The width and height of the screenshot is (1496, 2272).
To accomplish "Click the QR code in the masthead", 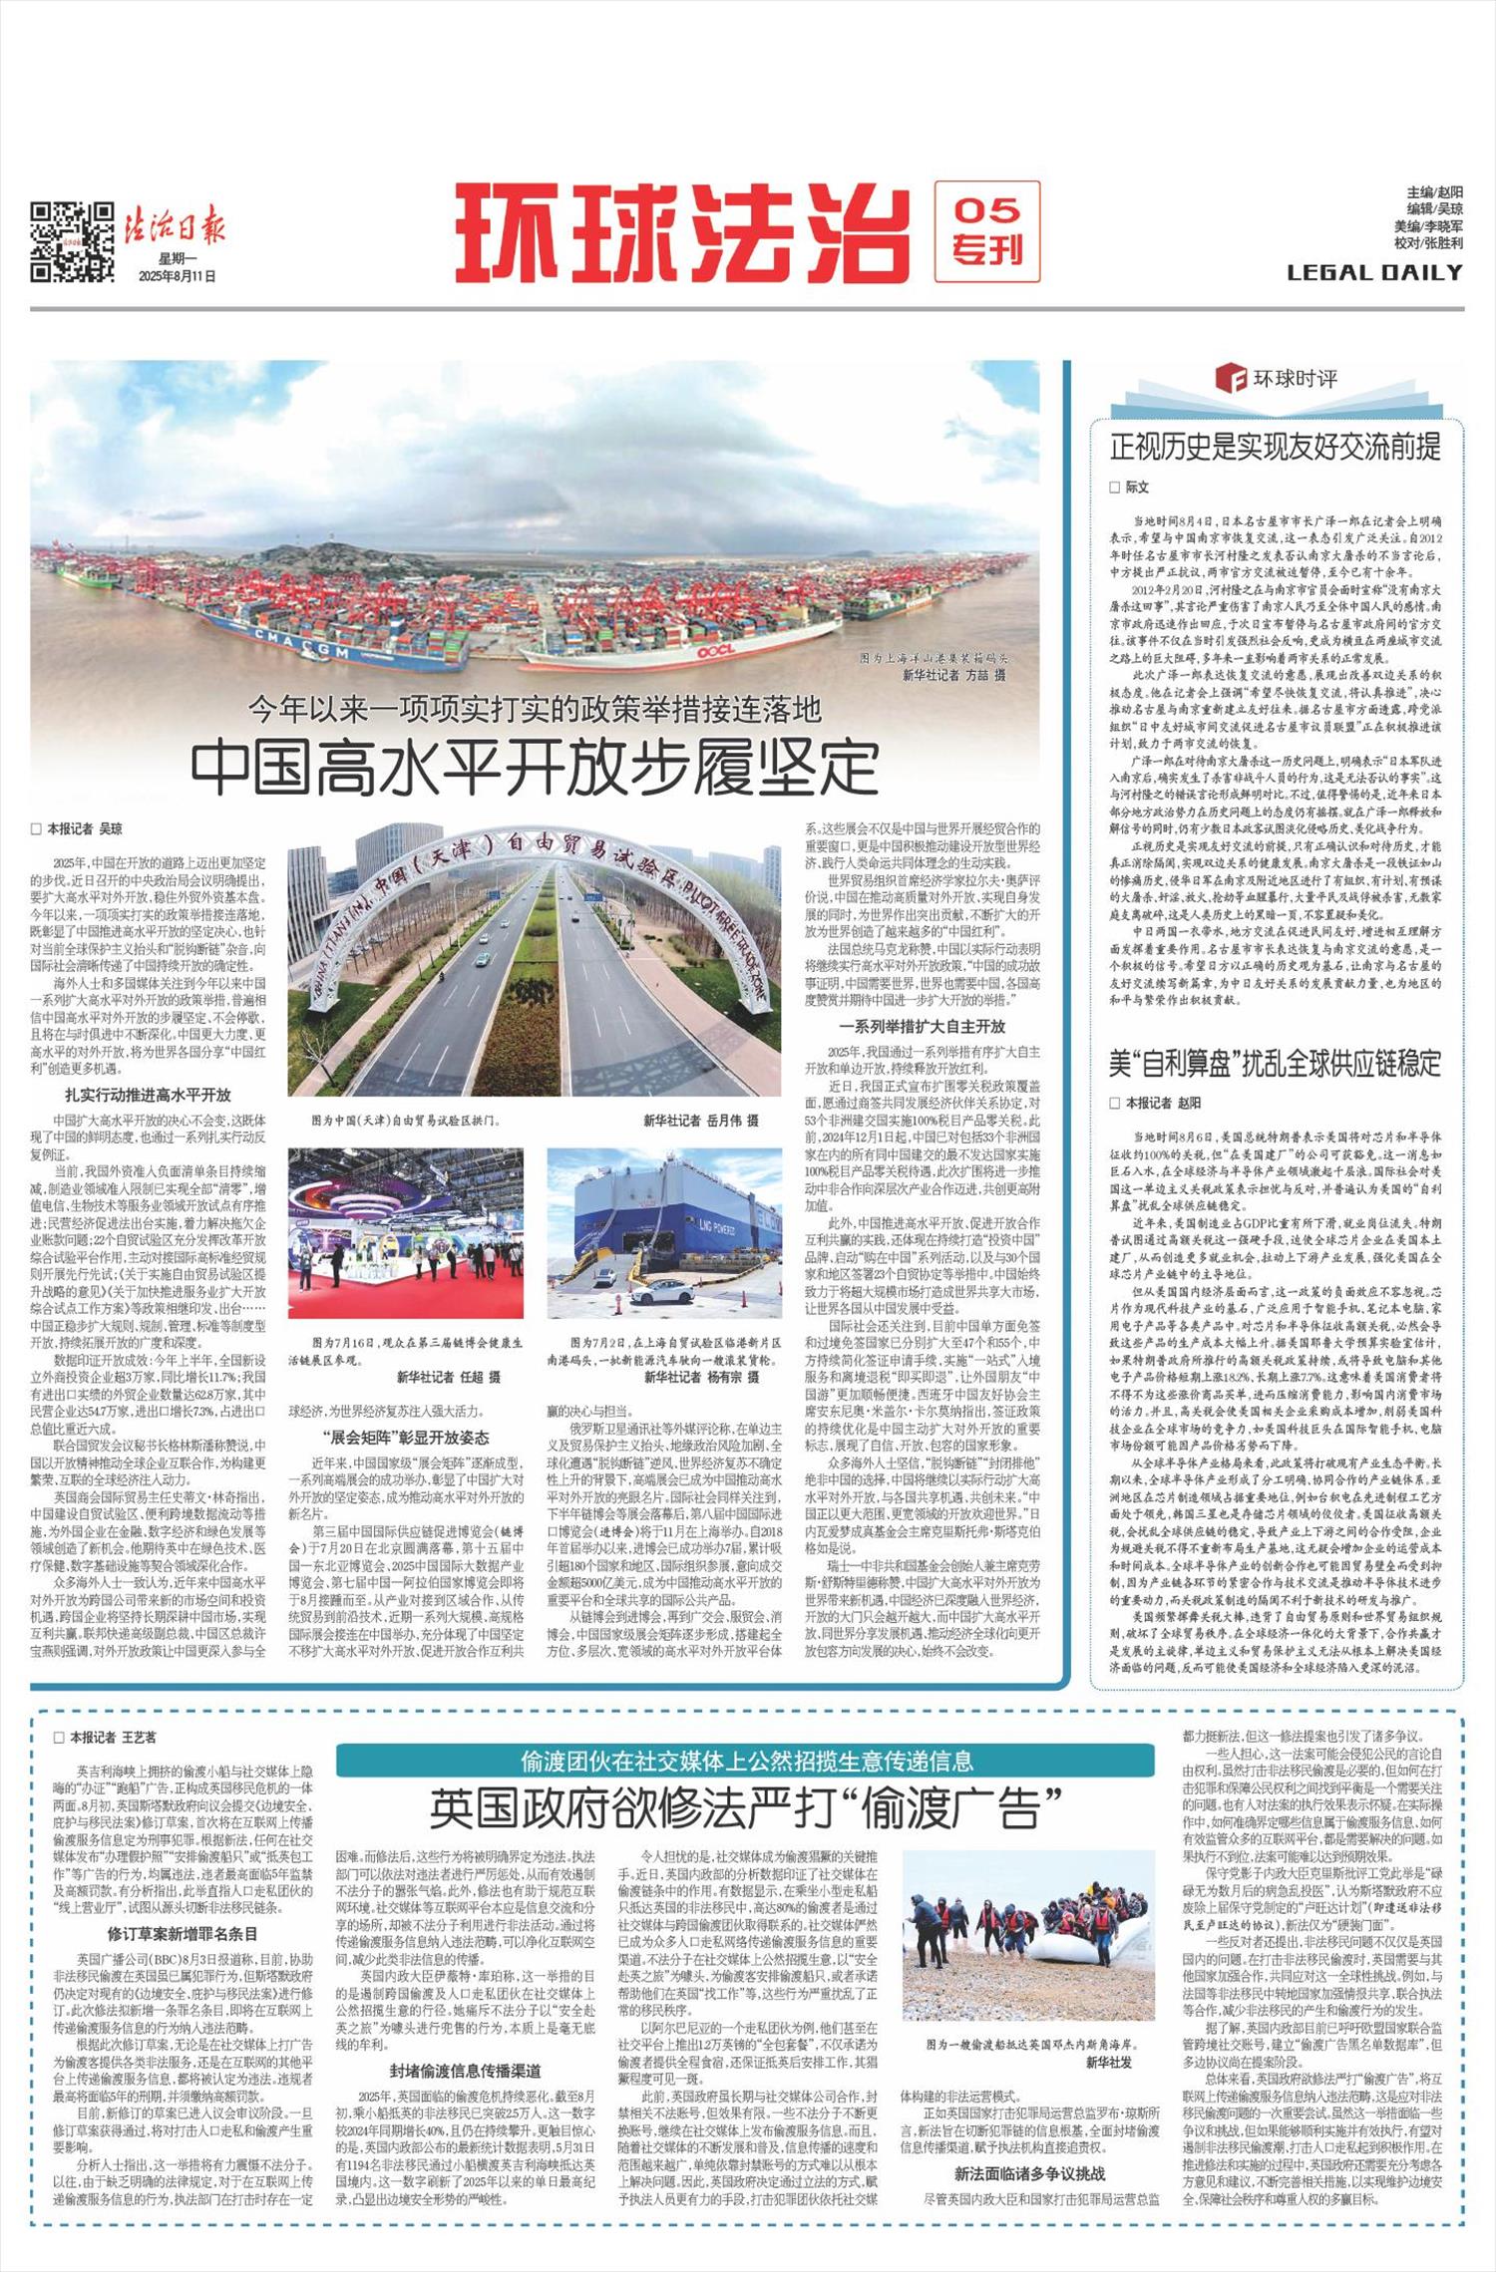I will [71, 242].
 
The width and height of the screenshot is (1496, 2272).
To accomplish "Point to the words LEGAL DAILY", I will [1374, 272].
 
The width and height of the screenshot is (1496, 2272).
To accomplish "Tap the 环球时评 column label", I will [1292, 380].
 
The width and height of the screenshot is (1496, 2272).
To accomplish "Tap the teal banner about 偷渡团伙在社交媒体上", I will [745, 1761].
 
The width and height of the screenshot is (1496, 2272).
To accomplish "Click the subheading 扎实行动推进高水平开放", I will [149, 1095].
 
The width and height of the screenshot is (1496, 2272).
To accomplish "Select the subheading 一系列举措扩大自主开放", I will [923, 1026].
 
